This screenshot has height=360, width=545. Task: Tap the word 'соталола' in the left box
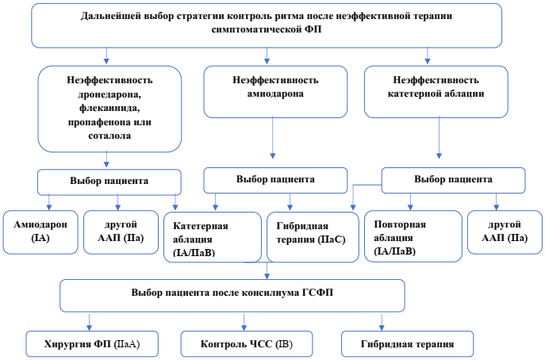110,136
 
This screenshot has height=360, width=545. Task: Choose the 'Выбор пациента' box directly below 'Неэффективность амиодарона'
274,179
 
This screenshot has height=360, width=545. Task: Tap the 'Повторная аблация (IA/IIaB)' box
411,236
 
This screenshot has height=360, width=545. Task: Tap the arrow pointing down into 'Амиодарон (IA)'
48,202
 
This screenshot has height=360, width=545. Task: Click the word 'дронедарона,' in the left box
110,95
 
